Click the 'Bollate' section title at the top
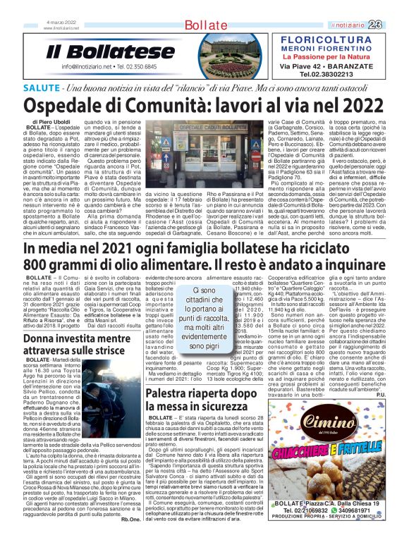pyautogui.click(x=204, y=26)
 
